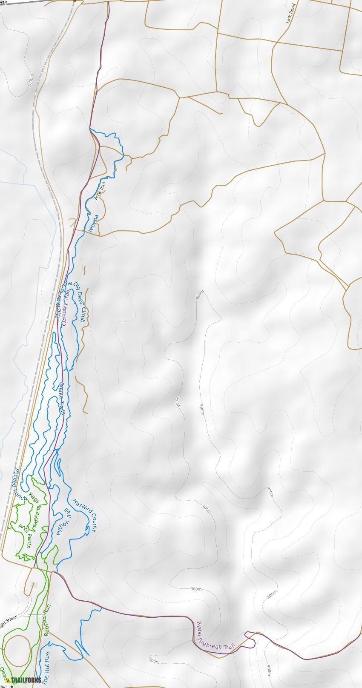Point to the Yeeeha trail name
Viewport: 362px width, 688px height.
(92, 224)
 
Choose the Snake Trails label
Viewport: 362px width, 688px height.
(62, 398)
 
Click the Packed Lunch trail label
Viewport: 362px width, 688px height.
(20, 484)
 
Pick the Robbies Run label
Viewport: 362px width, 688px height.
(47, 620)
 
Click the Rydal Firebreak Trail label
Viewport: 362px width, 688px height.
(215, 636)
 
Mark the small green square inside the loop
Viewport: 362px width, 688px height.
(34, 585)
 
